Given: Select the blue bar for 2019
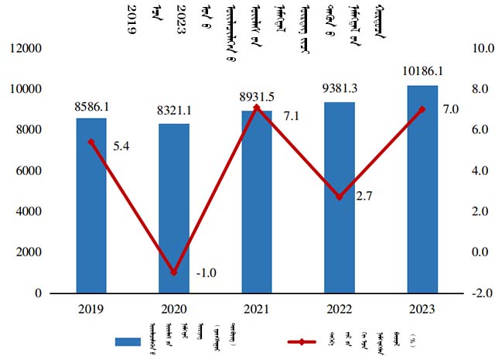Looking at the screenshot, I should [91, 205].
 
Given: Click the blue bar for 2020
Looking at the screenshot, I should [174, 208].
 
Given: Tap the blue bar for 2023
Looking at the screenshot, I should [422, 189].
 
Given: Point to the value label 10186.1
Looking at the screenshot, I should [422, 74].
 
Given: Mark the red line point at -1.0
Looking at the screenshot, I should [174, 273].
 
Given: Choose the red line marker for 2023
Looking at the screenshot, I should [422, 109].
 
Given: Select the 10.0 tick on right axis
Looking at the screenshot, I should [483, 49].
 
